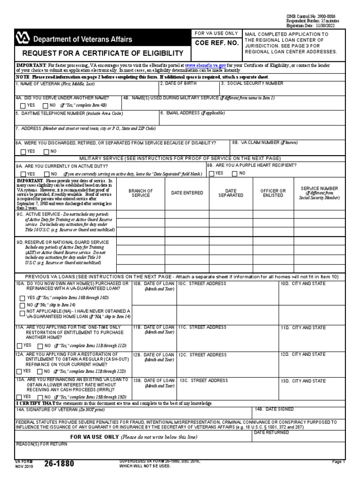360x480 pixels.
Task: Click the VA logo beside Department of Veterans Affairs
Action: [x=22, y=39]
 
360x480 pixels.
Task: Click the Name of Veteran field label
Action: [x=55, y=84]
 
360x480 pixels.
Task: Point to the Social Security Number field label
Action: [x=252, y=83]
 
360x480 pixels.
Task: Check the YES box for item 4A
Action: [x=19, y=105]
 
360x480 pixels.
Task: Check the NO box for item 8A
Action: [x=46, y=151]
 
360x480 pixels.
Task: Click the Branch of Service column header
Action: [x=141, y=193]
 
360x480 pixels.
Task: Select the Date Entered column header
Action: [x=187, y=193]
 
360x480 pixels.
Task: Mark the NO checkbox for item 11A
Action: [x=40, y=346]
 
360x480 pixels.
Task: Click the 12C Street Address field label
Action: [x=196, y=355]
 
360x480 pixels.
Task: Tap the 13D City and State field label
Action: [x=303, y=381]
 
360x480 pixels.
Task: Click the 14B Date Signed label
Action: [x=274, y=409]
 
